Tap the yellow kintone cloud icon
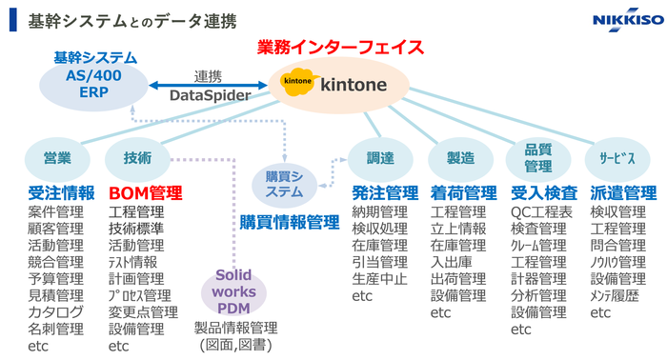tap(295, 84)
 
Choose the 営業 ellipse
tap(57, 158)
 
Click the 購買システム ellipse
tap(284, 184)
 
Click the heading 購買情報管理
tap(289, 222)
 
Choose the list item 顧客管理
tap(55, 229)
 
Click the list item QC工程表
tap(542, 211)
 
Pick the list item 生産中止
tap(379, 279)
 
